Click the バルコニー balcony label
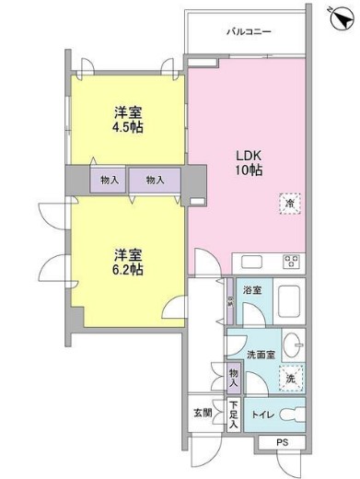click(x=250, y=31)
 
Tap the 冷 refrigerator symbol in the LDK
click(x=289, y=204)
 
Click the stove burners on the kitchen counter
click(x=292, y=261)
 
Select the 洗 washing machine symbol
click(x=290, y=377)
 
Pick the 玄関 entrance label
click(x=203, y=412)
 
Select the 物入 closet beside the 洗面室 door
click(x=234, y=377)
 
